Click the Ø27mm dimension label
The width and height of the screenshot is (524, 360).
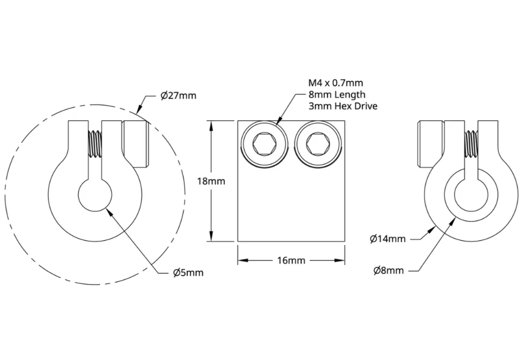178,96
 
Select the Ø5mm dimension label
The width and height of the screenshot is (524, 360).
188,273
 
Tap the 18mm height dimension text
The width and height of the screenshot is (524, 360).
211,181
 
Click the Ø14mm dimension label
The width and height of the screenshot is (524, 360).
388,239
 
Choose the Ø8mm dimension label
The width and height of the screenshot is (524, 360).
389,270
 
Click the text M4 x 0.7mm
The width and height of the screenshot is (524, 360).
336,82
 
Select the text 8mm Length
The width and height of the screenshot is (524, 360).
337,95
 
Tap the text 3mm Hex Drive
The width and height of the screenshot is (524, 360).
343,106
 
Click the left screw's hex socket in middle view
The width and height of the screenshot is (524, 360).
264,144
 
